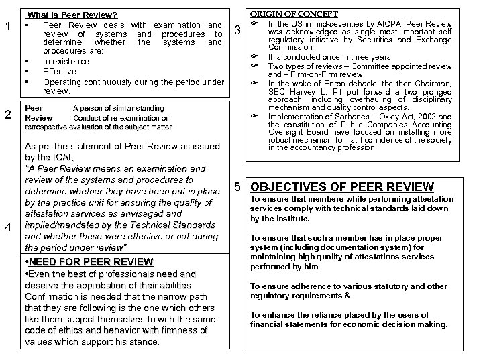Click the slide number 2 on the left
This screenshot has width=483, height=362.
(7, 115)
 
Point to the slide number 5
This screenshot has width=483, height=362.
(237, 187)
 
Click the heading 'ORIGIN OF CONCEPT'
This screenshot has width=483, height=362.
(294, 13)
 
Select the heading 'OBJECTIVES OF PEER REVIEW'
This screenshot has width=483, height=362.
(342, 187)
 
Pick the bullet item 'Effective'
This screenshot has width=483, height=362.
(60, 71)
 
